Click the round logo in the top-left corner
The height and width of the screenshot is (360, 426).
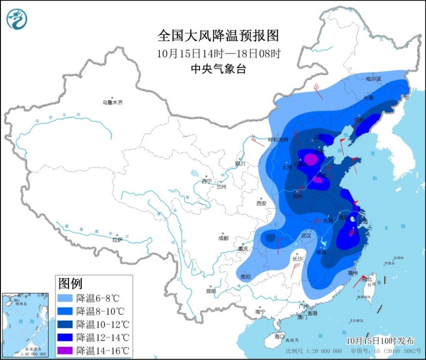[17, 18]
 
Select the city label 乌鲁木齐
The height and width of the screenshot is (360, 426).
[112, 103]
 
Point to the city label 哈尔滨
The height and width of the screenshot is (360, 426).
[373, 79]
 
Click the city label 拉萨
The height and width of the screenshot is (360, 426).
[117, 240]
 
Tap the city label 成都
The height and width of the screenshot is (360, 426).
[223, 238]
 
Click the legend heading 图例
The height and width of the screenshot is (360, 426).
[70, 284]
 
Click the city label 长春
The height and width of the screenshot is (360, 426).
[369, 98]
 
